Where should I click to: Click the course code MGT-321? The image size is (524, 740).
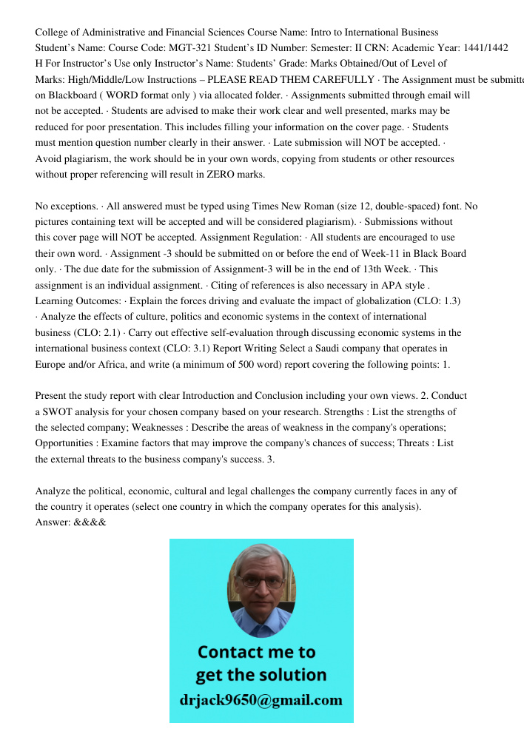pos(200,47)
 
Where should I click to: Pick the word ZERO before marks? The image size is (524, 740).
pos(215,175)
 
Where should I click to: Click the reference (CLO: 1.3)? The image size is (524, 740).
pos(430,301)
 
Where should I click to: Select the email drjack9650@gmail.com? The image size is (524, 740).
pos(261,700)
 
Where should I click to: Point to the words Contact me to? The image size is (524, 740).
pos(256,652)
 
